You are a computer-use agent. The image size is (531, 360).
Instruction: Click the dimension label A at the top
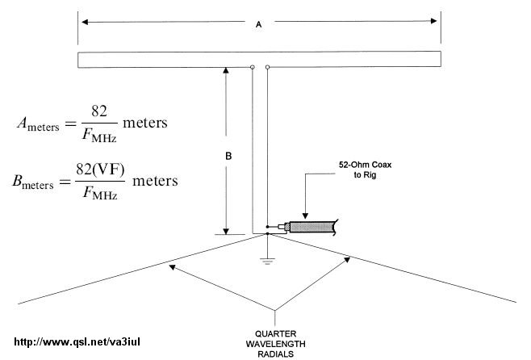(x=258, y=25)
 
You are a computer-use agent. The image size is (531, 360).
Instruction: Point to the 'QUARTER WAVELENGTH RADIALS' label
(x=278, y=341)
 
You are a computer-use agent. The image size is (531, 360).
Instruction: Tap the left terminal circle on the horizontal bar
(x=253, y=68)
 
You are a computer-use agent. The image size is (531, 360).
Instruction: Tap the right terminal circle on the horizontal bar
(x=267, y=68)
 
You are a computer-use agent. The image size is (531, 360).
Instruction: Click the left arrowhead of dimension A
(x=83, y=21)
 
